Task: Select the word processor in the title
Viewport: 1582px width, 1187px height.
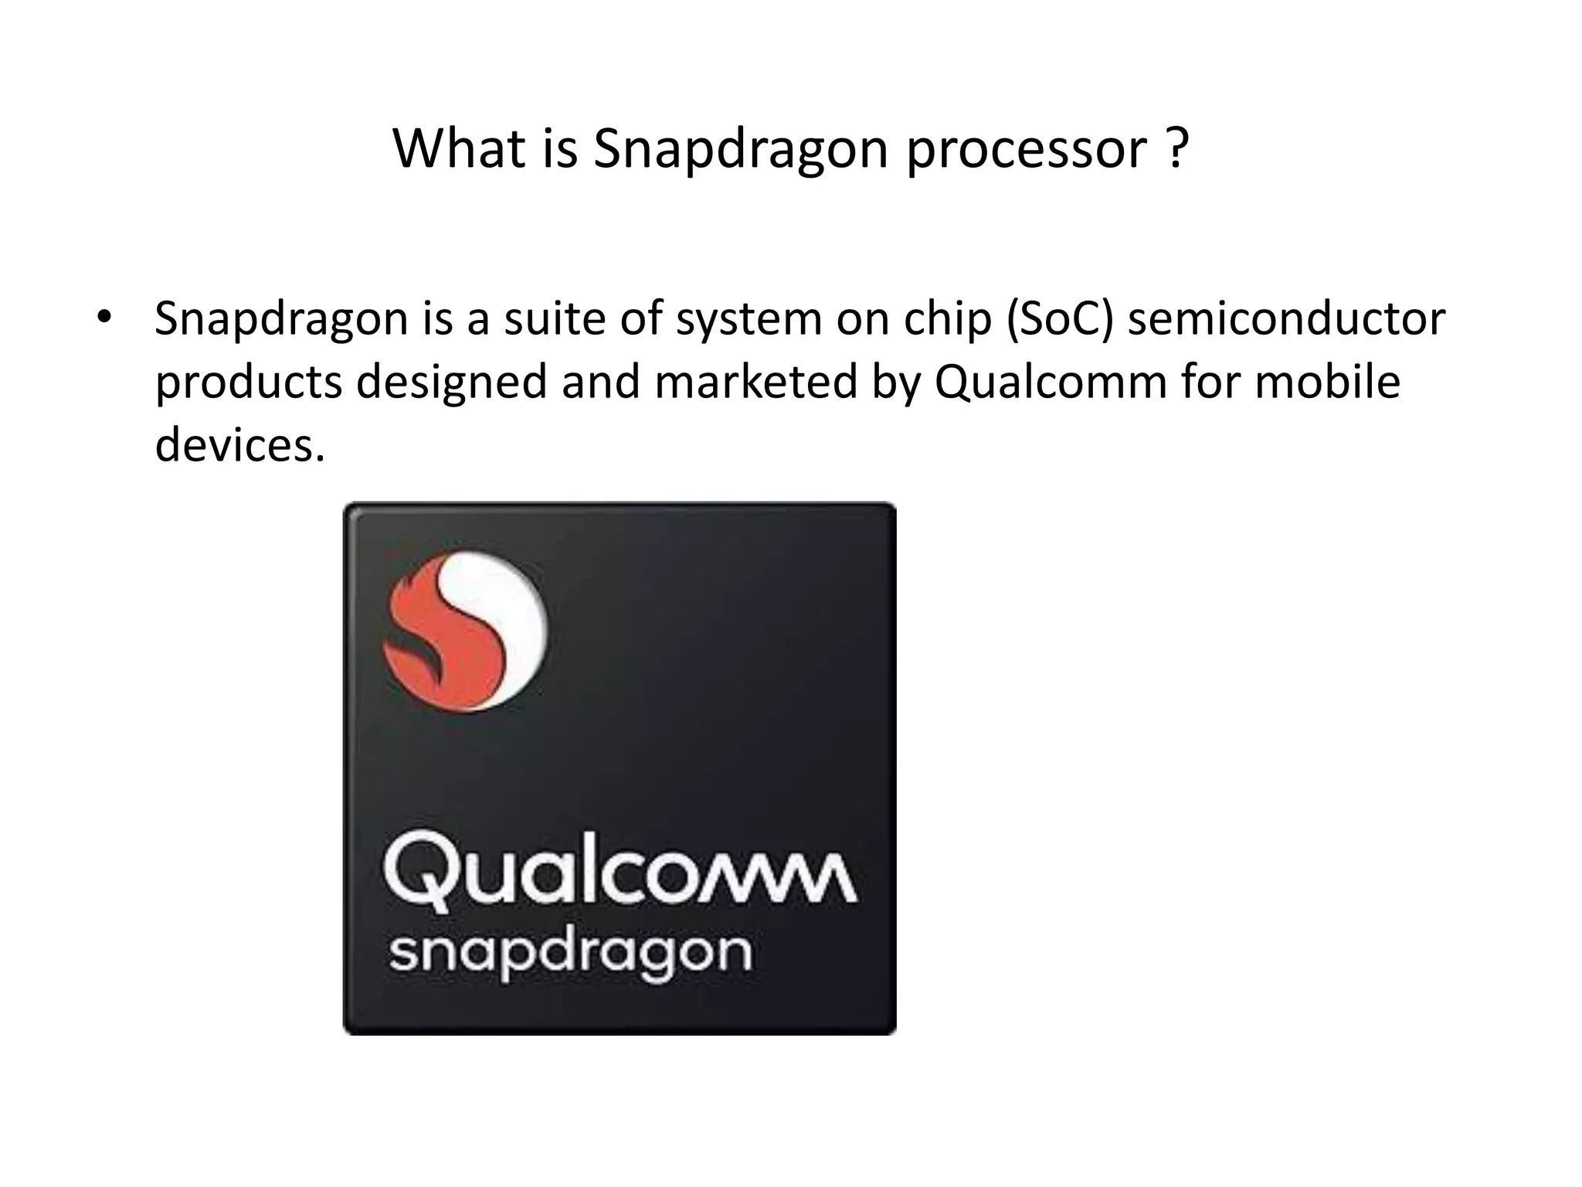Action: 1027,149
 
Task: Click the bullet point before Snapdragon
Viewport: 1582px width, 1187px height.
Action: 104,318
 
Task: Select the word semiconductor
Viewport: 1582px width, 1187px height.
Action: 1286,318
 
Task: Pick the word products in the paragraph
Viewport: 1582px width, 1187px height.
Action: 248,383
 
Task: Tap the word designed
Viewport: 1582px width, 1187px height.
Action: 451,383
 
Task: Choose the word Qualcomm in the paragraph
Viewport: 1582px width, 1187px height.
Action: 1051,383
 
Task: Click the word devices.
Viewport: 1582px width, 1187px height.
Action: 239,445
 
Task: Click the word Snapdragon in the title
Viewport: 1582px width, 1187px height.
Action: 741,149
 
